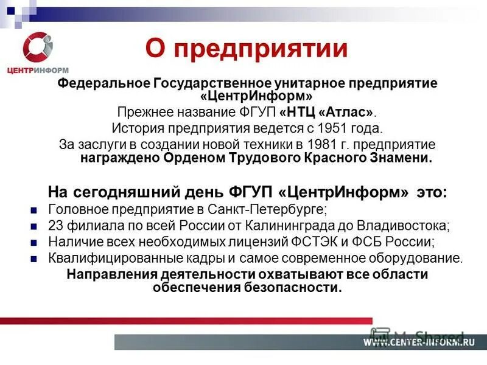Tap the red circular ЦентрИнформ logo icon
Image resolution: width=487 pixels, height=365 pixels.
pyautogui.click(x=38, y=48)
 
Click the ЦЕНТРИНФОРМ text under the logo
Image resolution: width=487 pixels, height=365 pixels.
pyautogui.click(x=38, y=71)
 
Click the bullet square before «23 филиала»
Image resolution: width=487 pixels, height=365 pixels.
pyautogui.click(x=34, y=226)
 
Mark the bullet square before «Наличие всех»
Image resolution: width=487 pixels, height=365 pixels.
pyautogui.click(x=34, y=242)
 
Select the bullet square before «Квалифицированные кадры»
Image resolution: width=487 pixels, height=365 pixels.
pyautogui.click(x=34, y=258)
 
